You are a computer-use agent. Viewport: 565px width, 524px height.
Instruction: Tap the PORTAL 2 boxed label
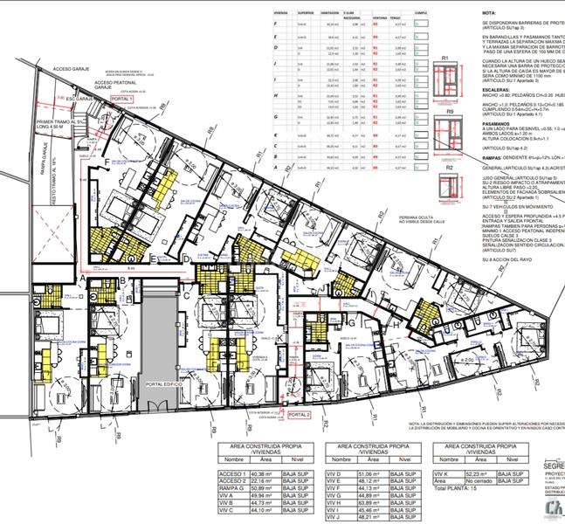tap(298, 415)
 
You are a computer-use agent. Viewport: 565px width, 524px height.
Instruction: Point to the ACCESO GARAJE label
tap(72, 66)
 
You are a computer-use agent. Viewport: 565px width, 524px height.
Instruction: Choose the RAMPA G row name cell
tap(231, 487)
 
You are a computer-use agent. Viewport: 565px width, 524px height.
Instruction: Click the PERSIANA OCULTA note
tap(411, 220)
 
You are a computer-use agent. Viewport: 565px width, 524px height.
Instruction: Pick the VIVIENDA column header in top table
tap(283, 14)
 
